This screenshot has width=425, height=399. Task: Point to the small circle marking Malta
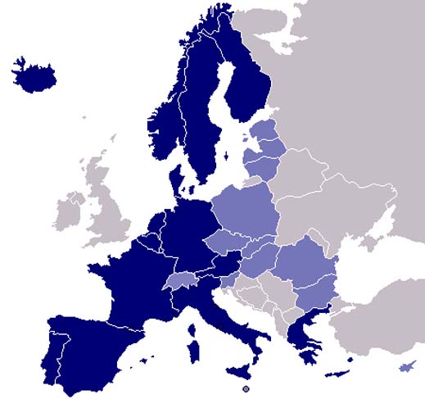click(x=246, y=388)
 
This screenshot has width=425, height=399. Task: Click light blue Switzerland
click(x=181, y=280)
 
